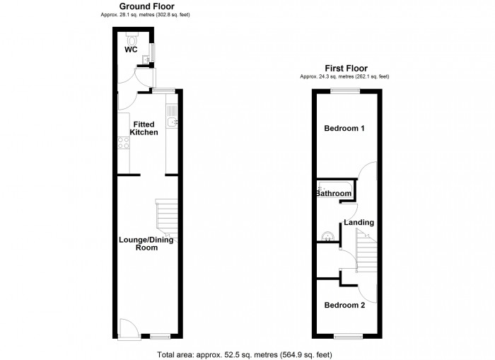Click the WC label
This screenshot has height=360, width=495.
[131, 50]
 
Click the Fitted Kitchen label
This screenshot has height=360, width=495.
[145, 128]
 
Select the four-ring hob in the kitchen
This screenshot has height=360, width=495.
[124, 143]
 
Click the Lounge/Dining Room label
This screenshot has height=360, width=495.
[146, 243]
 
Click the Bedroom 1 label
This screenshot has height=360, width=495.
[344, 129]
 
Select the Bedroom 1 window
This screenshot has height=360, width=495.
[346, 91]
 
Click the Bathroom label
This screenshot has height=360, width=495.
[333, 193]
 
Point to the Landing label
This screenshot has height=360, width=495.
[359, 223]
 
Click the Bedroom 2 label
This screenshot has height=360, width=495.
[344, 306]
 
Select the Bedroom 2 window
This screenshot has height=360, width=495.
[347, 337]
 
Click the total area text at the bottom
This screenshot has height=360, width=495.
[244, 354]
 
